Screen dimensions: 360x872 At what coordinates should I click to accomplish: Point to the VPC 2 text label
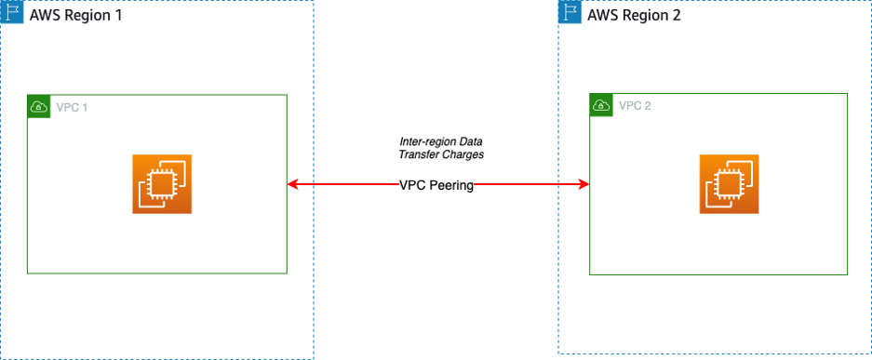coord(635,105)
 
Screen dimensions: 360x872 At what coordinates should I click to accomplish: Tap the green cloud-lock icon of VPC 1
coord(38,106)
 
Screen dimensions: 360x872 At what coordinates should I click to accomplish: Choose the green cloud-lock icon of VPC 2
coord(601,104)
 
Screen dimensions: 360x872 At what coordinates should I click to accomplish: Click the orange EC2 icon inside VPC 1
coord(161,184)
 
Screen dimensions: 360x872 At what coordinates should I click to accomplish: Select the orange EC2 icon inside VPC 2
coord(729,184)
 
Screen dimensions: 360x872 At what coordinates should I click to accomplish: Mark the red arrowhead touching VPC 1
coord(292,185)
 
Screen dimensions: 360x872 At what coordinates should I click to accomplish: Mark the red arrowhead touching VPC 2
coord(584,185)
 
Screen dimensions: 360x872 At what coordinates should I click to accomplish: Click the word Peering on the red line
coord(451,185)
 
